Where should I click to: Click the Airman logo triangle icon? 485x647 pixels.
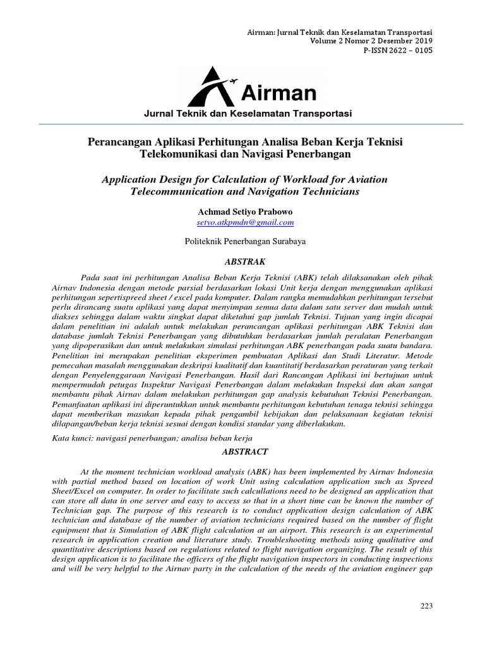(x=213, y=89)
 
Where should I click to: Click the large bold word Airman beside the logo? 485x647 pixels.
(x=278, y=94)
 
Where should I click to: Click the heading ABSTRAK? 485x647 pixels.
(x=245, y=260)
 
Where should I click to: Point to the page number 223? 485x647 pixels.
(x=426, y=607)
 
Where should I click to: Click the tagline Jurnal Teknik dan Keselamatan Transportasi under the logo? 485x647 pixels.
(x=248, y=114)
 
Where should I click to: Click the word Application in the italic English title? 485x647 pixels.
(x=132, y=179)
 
